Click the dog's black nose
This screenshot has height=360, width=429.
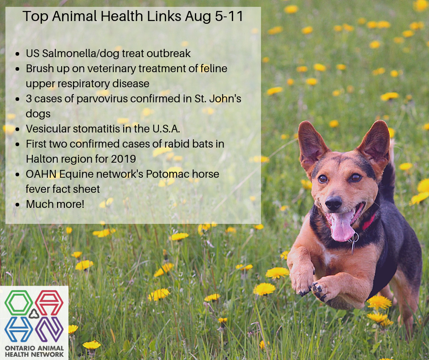click(333, 203)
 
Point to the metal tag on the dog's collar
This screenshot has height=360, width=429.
click(354, 241)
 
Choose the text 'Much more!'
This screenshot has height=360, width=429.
click(55, 204)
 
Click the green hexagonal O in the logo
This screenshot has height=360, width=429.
click(19, 302)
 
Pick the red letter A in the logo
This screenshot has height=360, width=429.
click(50, 302)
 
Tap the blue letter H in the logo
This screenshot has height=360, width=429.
click(19, 329)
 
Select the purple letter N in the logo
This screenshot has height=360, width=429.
click(50, 329)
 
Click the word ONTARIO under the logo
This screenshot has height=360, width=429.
click(20, 348)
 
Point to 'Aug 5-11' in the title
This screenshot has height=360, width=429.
click(214, 16)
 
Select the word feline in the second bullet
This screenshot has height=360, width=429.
click(214, 69)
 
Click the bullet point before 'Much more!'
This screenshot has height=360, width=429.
click(17, 205)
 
